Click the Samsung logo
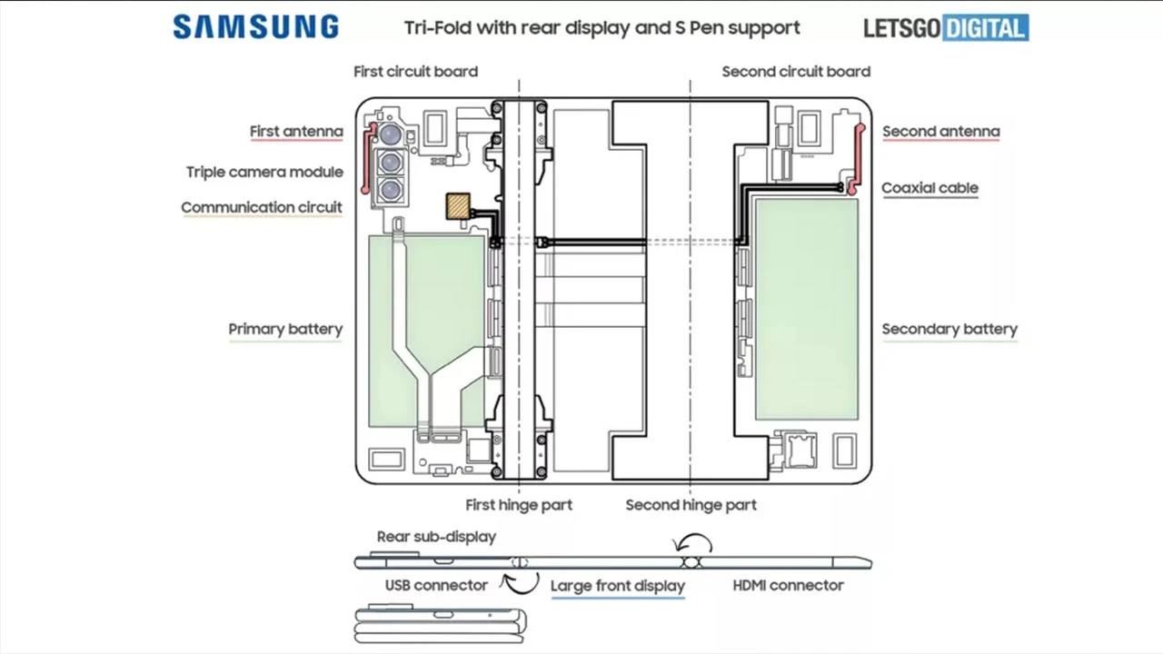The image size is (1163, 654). tap(255, 27)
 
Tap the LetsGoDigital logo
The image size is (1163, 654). tap(946, 28)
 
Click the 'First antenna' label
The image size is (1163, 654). tap(296, 132)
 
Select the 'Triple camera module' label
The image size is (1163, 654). tap(264, 172)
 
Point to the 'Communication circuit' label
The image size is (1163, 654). tap(262, 207)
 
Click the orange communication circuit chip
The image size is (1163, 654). tap(458, 206)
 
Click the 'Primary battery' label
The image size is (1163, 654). tap(285, 329)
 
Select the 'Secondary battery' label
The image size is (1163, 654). tap(949, 329)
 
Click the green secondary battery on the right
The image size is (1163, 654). tap(807, 309)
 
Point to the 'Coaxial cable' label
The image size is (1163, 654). tap(929, 188)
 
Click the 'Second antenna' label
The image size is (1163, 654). tap(940, 132)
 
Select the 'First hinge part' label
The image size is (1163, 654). tap(519, 504)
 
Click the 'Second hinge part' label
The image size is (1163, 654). tap(691, 504)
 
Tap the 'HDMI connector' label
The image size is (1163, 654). tap(788, 586)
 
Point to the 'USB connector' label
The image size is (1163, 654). tap(436, 586)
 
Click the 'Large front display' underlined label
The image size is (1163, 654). tap(618, 586)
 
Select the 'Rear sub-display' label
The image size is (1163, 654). tap(436, 536)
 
